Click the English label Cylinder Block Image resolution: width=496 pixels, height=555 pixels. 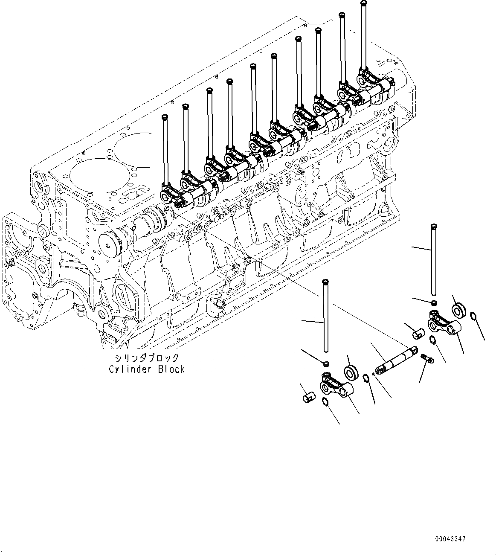tap(146, 369)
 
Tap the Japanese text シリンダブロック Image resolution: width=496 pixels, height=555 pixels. tap(146, 358)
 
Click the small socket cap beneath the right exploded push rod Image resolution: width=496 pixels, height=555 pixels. tap(433, 303)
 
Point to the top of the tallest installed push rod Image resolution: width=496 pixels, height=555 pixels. tap(363, 3)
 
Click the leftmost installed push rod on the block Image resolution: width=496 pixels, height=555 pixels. tap(165, 149)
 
